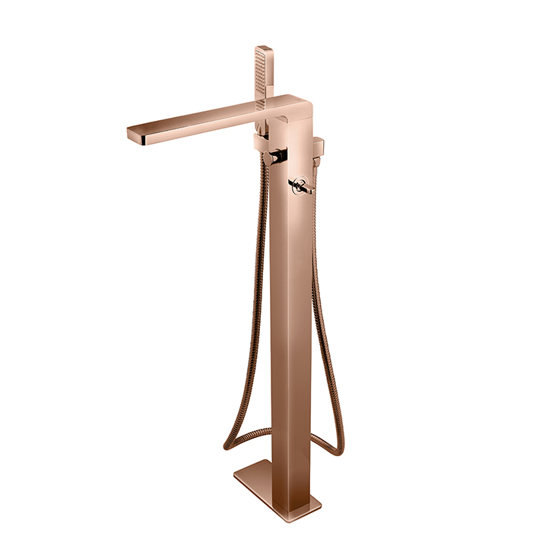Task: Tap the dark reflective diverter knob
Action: [x=279, y=157]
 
